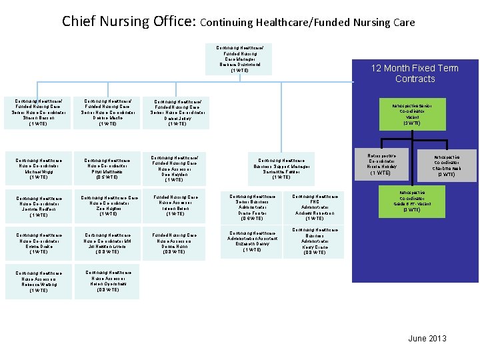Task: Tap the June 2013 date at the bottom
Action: click(427, 339)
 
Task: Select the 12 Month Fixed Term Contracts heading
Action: click(415, 73)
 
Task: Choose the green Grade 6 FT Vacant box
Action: click(411, 201)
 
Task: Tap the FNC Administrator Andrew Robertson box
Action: click(314, 207)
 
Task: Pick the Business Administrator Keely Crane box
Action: click(314, 241)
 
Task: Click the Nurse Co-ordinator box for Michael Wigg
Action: click(39, 169)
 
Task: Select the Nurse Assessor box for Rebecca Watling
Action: click(39, 282)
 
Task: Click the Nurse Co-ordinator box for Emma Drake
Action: click(39, 243)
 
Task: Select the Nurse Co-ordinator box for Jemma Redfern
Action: click(39, 207)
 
